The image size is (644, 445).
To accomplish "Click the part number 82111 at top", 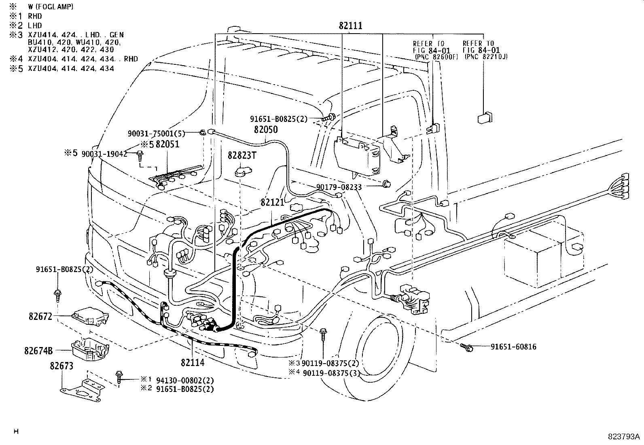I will [x=350, y=26].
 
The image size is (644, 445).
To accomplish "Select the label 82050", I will [x=266, y=130].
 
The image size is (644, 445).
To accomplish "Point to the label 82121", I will [x=273, y=202].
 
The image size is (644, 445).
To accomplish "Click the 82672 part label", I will [x=40, y=316].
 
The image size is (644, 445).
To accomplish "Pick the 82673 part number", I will [x=61, y=366].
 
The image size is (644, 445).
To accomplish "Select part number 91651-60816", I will [x=513, y=347].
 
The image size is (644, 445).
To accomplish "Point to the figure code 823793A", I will [x=624, y=437].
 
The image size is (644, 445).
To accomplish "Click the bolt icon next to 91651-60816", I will [x=468, y=347].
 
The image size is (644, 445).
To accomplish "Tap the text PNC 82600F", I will [x=436, y=57].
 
